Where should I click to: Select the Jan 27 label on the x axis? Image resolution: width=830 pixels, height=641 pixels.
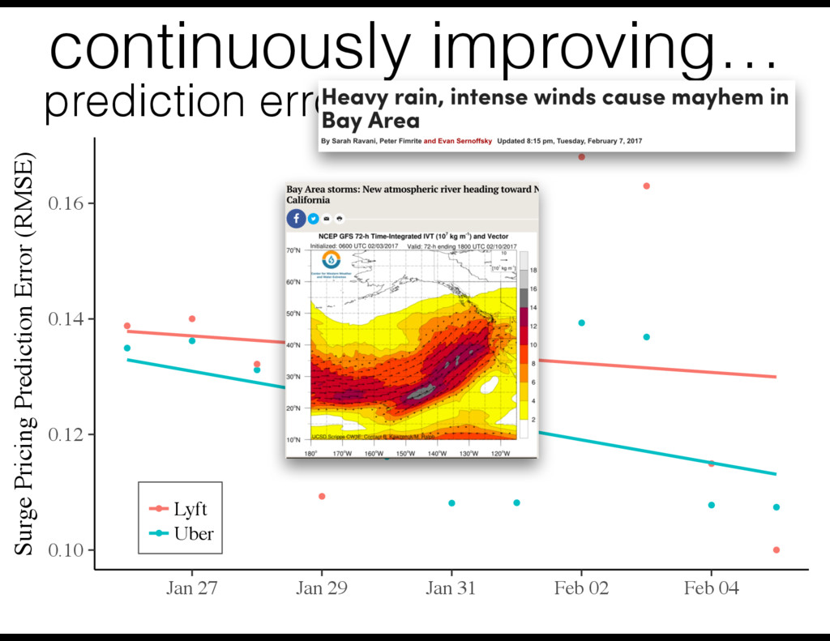191,588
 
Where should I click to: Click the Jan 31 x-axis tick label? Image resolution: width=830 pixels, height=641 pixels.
451,588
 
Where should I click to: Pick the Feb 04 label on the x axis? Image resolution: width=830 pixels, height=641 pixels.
711,588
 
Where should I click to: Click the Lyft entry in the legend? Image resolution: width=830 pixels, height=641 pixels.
190,509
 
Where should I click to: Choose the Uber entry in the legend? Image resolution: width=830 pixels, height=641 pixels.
193,533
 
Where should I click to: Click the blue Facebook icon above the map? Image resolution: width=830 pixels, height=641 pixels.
295,218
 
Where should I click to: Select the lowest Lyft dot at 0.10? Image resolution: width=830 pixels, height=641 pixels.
776,549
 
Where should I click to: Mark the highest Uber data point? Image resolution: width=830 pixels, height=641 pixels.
581,323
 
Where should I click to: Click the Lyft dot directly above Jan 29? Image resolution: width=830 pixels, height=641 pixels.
322,496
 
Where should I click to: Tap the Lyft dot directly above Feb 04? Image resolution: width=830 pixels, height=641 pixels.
711,464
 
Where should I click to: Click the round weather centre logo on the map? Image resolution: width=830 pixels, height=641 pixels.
332,259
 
